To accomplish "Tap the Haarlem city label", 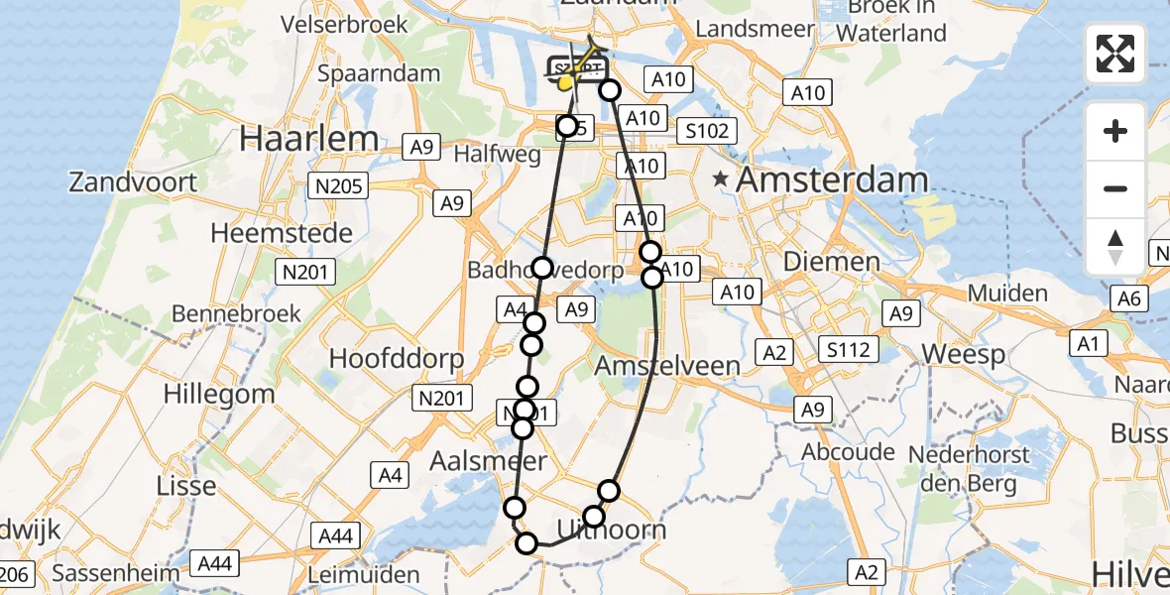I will coord(308,138).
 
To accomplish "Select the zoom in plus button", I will coord(1115,131).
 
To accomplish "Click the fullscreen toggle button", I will coord(1115,54).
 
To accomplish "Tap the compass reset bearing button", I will coord(1115,246).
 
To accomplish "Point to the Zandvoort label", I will coord(133,182).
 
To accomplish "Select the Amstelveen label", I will coord(666,366).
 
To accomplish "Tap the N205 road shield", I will coord(339,185).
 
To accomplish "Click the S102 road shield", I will coord(708,130).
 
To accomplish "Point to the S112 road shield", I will coord(849,349).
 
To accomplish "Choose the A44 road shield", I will coord(335,536).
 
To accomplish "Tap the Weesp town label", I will coord(964,354).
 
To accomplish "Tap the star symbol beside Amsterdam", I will coord(721,180).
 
